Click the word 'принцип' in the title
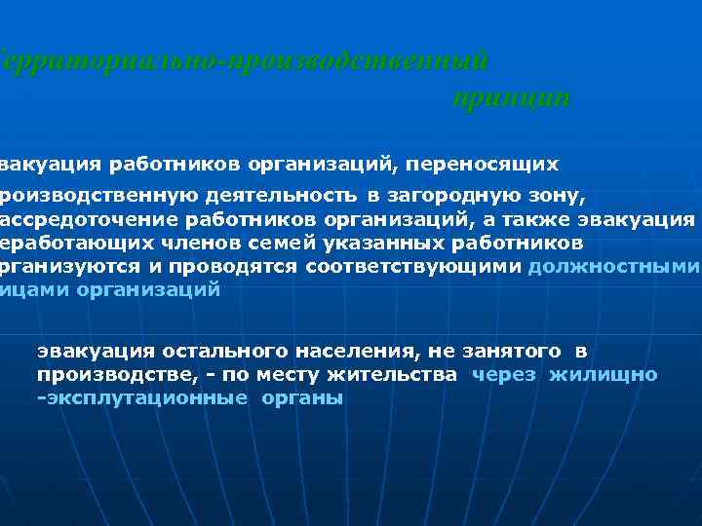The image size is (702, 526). point(510,98)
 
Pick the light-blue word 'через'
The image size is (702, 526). point(503,374)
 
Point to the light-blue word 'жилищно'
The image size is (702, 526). point(603,374)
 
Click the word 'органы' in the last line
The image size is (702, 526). point(302,398)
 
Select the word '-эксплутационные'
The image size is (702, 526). point(141,398)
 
